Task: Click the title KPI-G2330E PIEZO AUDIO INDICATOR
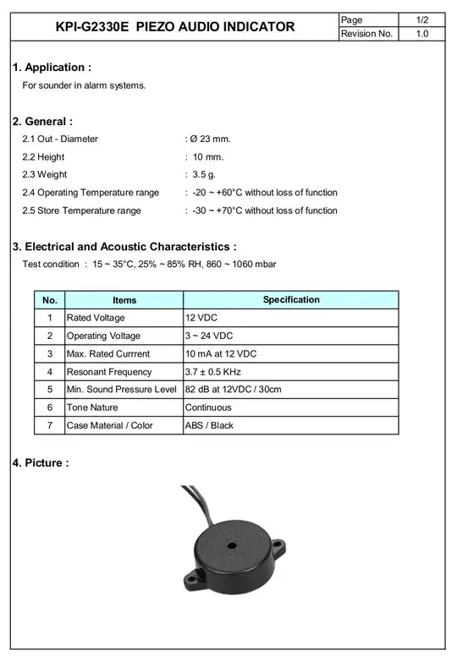175,26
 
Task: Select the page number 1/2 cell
421,19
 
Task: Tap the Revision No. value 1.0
421,34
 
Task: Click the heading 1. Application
52,68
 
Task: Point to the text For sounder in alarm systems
84,85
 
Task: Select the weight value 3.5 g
204,175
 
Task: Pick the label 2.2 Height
43,157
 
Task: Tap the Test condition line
149,265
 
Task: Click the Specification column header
291,300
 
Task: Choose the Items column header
124,300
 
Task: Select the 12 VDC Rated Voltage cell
201,318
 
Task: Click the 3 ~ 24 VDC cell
208,336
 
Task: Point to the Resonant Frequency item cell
109,372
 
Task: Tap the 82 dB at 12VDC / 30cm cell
233,390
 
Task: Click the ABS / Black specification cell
209,425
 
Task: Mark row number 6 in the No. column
50,407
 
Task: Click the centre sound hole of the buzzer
231,546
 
